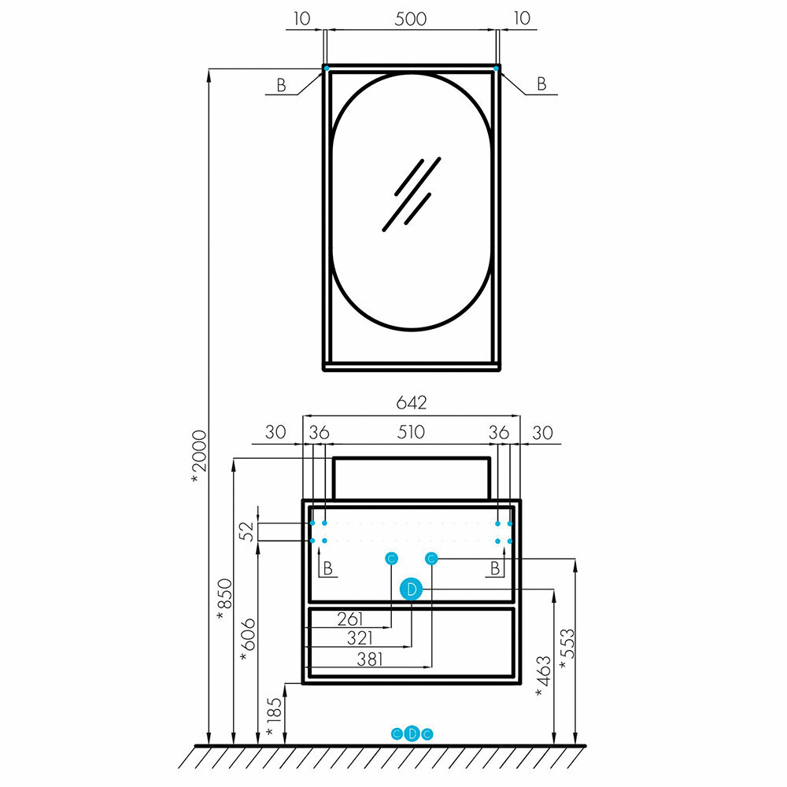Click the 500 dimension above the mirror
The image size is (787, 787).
(410, 19)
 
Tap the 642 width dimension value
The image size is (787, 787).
(411, 403)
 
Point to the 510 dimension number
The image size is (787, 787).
(411, 432)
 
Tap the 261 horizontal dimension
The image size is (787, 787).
(350, 619)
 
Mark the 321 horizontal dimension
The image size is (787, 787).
(350, 638)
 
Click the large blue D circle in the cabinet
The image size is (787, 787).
(411, 589)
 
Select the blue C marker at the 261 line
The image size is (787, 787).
(391, 558)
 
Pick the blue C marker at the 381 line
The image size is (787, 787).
(431, 558)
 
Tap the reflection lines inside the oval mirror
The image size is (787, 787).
(411, 193)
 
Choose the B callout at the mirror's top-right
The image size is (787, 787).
(541, 84)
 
